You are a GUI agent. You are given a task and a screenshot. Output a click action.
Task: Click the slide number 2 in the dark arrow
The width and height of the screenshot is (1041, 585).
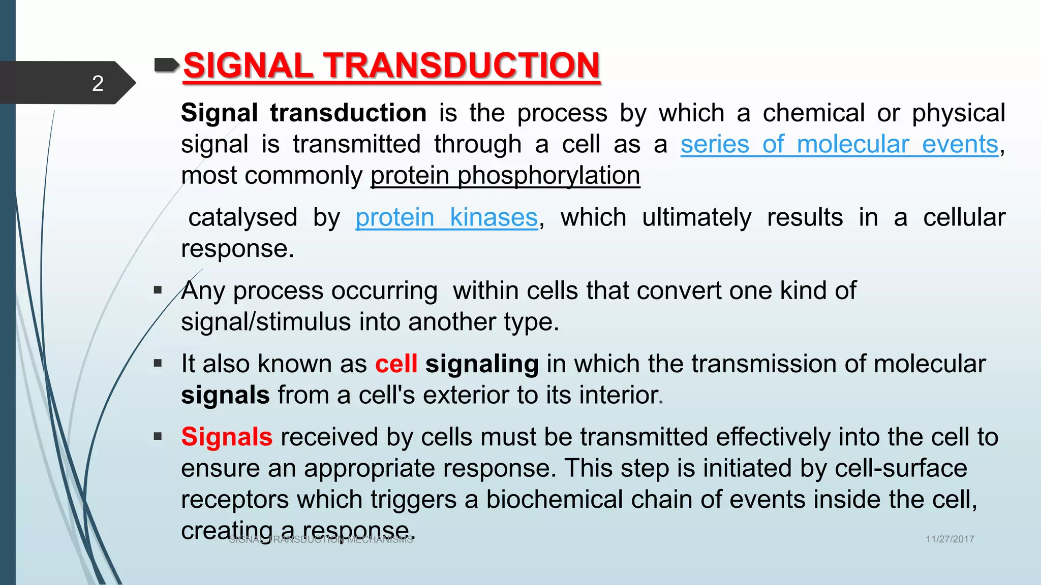(x=98, y=83)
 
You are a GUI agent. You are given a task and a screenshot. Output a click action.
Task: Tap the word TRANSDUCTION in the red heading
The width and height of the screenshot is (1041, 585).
(x=462, y=66)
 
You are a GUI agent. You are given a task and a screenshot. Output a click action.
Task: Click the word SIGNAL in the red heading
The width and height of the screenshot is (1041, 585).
(x=248, y=66)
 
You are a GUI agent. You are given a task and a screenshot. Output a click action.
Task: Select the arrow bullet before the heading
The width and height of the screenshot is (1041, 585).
(x=166, y=65)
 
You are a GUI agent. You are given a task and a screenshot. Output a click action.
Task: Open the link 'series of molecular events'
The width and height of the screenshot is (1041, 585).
(x=839, y=144)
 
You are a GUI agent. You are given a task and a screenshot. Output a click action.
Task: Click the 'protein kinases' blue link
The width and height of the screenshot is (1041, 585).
(x=446, y=218)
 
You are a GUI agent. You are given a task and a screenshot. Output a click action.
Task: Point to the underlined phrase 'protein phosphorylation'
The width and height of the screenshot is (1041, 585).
(x=505, y=176)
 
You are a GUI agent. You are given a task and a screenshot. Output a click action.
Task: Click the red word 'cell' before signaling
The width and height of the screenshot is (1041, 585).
(x=396, y=364)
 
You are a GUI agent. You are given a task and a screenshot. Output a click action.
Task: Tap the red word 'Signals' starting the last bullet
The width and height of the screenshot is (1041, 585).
(x=227, y=437)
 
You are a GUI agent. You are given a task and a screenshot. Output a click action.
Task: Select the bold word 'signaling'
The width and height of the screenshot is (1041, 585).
(x=482, y=364)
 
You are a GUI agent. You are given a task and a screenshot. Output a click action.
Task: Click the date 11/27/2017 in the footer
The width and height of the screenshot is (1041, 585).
(x=949, y=539)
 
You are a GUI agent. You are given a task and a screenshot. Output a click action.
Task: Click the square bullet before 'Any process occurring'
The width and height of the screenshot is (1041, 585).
(x=158, y=290)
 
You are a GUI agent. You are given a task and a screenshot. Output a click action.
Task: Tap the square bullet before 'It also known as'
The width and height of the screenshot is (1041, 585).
(x=158, y=364)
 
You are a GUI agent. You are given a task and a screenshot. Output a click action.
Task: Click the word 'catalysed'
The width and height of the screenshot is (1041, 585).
(x=242, y=218)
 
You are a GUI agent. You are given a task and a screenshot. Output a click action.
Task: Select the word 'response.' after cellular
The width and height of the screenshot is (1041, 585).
(x=237, y=249)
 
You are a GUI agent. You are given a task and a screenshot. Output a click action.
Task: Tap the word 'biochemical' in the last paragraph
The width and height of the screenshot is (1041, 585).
(x=554, y=500)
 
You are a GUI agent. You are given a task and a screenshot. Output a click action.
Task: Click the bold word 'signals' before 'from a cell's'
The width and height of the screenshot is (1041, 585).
(x=225, y=396)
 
